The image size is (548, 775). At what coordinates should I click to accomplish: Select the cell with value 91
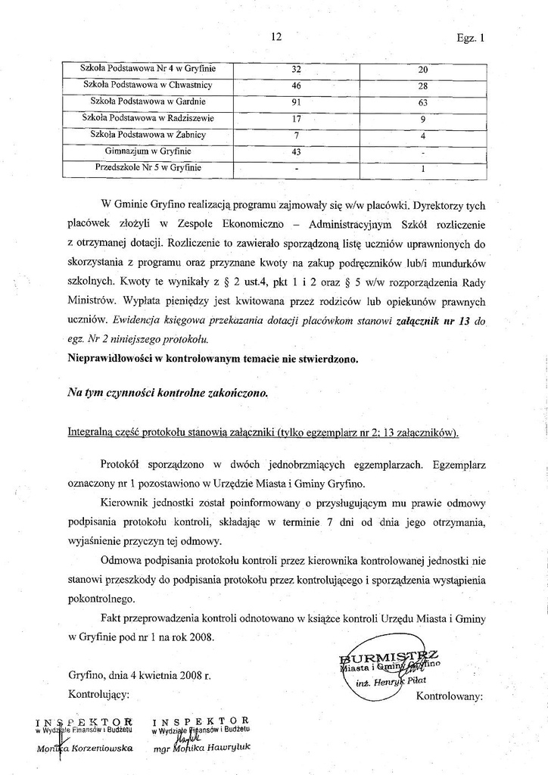[296, 101]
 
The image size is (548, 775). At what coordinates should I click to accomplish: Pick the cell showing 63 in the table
[423, 102]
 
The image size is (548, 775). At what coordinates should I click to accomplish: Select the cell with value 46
[296, 85]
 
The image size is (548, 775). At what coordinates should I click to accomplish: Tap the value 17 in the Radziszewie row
[296, 118]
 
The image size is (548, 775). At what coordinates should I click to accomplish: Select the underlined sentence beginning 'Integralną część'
[263, 433]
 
